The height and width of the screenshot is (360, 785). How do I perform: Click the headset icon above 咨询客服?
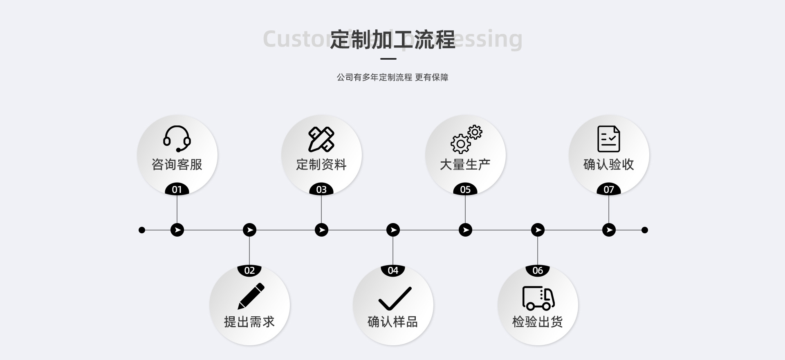(x=177, y=139)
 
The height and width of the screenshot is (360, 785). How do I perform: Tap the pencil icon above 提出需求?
(x=251, y=296)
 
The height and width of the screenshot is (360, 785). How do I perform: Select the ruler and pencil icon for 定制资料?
(x=321, y=139)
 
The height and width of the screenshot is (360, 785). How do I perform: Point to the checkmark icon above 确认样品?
(x=395, y=299)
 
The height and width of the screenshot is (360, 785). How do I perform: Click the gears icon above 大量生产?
(x=466, y=139)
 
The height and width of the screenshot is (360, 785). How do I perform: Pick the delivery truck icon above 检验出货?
(x=538, y=298)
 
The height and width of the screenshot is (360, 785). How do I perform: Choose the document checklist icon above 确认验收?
(x=608, y=139)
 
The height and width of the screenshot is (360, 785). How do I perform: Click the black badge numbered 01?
(x=177, y=190)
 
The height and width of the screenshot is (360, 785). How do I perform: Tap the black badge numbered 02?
(x=249, y=270)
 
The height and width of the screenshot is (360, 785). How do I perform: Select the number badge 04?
(x=393, y=270)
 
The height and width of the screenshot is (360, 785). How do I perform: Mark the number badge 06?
(x=538, y=270)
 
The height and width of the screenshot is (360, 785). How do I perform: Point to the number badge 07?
(x=609, y=190)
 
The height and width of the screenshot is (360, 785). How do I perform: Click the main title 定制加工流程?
(x=392, y=40)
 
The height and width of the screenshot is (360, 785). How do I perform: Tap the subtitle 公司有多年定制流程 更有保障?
(x=392, y=77)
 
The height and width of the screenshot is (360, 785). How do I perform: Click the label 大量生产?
(x=465, y=165)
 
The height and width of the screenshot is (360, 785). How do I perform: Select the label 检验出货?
(x=538, y=322)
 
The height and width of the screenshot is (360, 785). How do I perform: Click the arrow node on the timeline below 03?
(x=321, y=230)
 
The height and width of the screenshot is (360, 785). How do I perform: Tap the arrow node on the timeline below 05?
(x=465, y=230)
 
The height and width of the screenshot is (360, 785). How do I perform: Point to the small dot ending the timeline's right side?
(x=645, y=230)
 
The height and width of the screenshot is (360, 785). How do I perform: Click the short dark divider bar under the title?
(x=388, y=59)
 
